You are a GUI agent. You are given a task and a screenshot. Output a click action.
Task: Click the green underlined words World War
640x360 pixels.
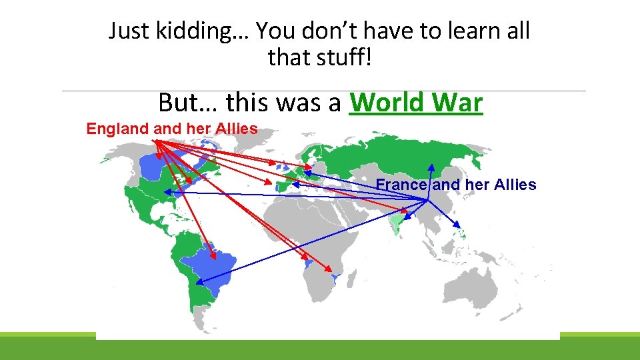(x=415, y=103)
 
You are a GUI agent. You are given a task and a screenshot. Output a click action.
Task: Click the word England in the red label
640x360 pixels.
(x=117, y=129)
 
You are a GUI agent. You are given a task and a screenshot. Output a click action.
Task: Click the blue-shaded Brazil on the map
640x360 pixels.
(x=213, y=263)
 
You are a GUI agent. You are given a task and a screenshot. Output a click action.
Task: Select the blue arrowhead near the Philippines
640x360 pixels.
(x=457, y=225)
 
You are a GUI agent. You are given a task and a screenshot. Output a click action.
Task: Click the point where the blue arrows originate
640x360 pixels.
(x=428, y=199)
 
